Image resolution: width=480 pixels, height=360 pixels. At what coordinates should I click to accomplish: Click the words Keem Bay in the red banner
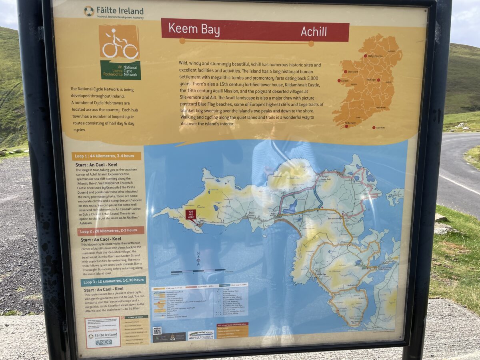pos(194,30)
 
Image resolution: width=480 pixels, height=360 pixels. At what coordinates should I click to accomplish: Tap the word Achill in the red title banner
pos(314,32)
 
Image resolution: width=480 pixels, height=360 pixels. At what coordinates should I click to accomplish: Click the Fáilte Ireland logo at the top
pos(113,12)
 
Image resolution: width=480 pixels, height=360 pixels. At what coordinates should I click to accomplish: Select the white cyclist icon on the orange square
pos(119,43)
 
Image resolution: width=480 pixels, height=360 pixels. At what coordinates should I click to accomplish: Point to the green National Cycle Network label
pos(120,70)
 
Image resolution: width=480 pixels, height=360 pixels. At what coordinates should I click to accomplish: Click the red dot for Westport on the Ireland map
pos(345,72)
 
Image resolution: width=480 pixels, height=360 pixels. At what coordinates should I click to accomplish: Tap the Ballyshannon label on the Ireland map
pos(375,56)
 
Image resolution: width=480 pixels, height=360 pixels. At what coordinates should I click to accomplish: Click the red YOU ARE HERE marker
pos(191,215)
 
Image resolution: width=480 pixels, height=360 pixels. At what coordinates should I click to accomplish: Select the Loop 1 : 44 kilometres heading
pos(106,156)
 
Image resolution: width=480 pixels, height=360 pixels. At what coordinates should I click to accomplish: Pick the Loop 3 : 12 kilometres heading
pos(108,282)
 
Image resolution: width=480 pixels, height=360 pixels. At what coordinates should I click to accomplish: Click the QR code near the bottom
pos(157,330)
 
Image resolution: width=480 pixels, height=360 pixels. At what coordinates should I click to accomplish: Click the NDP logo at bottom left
pos(103,342)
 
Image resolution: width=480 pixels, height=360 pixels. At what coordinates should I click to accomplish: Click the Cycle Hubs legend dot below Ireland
pos(372,128)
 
